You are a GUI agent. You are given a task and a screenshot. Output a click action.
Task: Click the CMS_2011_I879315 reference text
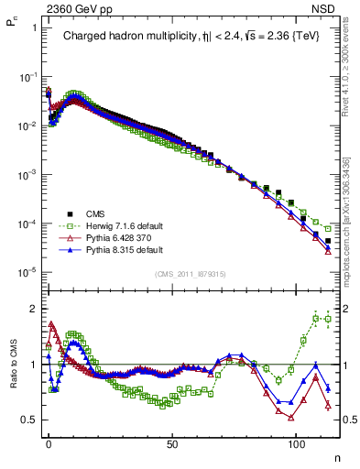(191, 273)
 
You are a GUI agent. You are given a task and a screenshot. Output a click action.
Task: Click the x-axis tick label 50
(172, 442)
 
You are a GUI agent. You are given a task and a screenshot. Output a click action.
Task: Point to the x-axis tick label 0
(49, 442)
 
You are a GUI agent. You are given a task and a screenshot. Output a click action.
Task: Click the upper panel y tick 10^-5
(27, 272)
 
